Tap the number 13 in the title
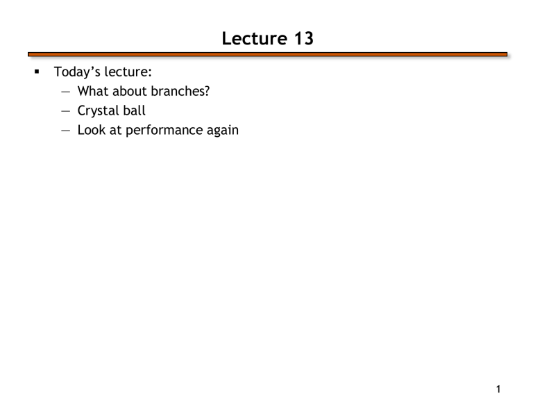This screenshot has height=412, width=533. tap(303, 38)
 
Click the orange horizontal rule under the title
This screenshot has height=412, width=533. tap(267, 54)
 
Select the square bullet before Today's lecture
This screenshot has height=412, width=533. tap(37, 72)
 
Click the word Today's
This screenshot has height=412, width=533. tap(77, 72)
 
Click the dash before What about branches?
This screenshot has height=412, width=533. tap(66, 92)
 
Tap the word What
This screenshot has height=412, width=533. tap(93, 91)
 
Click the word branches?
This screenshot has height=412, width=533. tap(180, 91)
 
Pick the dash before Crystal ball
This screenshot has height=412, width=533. tap(66, 111)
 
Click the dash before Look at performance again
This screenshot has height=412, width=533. tap(66, 131)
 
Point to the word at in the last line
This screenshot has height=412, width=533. tap(116, 131)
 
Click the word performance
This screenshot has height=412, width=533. tap(164, 131)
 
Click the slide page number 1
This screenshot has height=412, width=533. tap(498, 389)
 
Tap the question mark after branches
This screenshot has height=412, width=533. tap(207, 91)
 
